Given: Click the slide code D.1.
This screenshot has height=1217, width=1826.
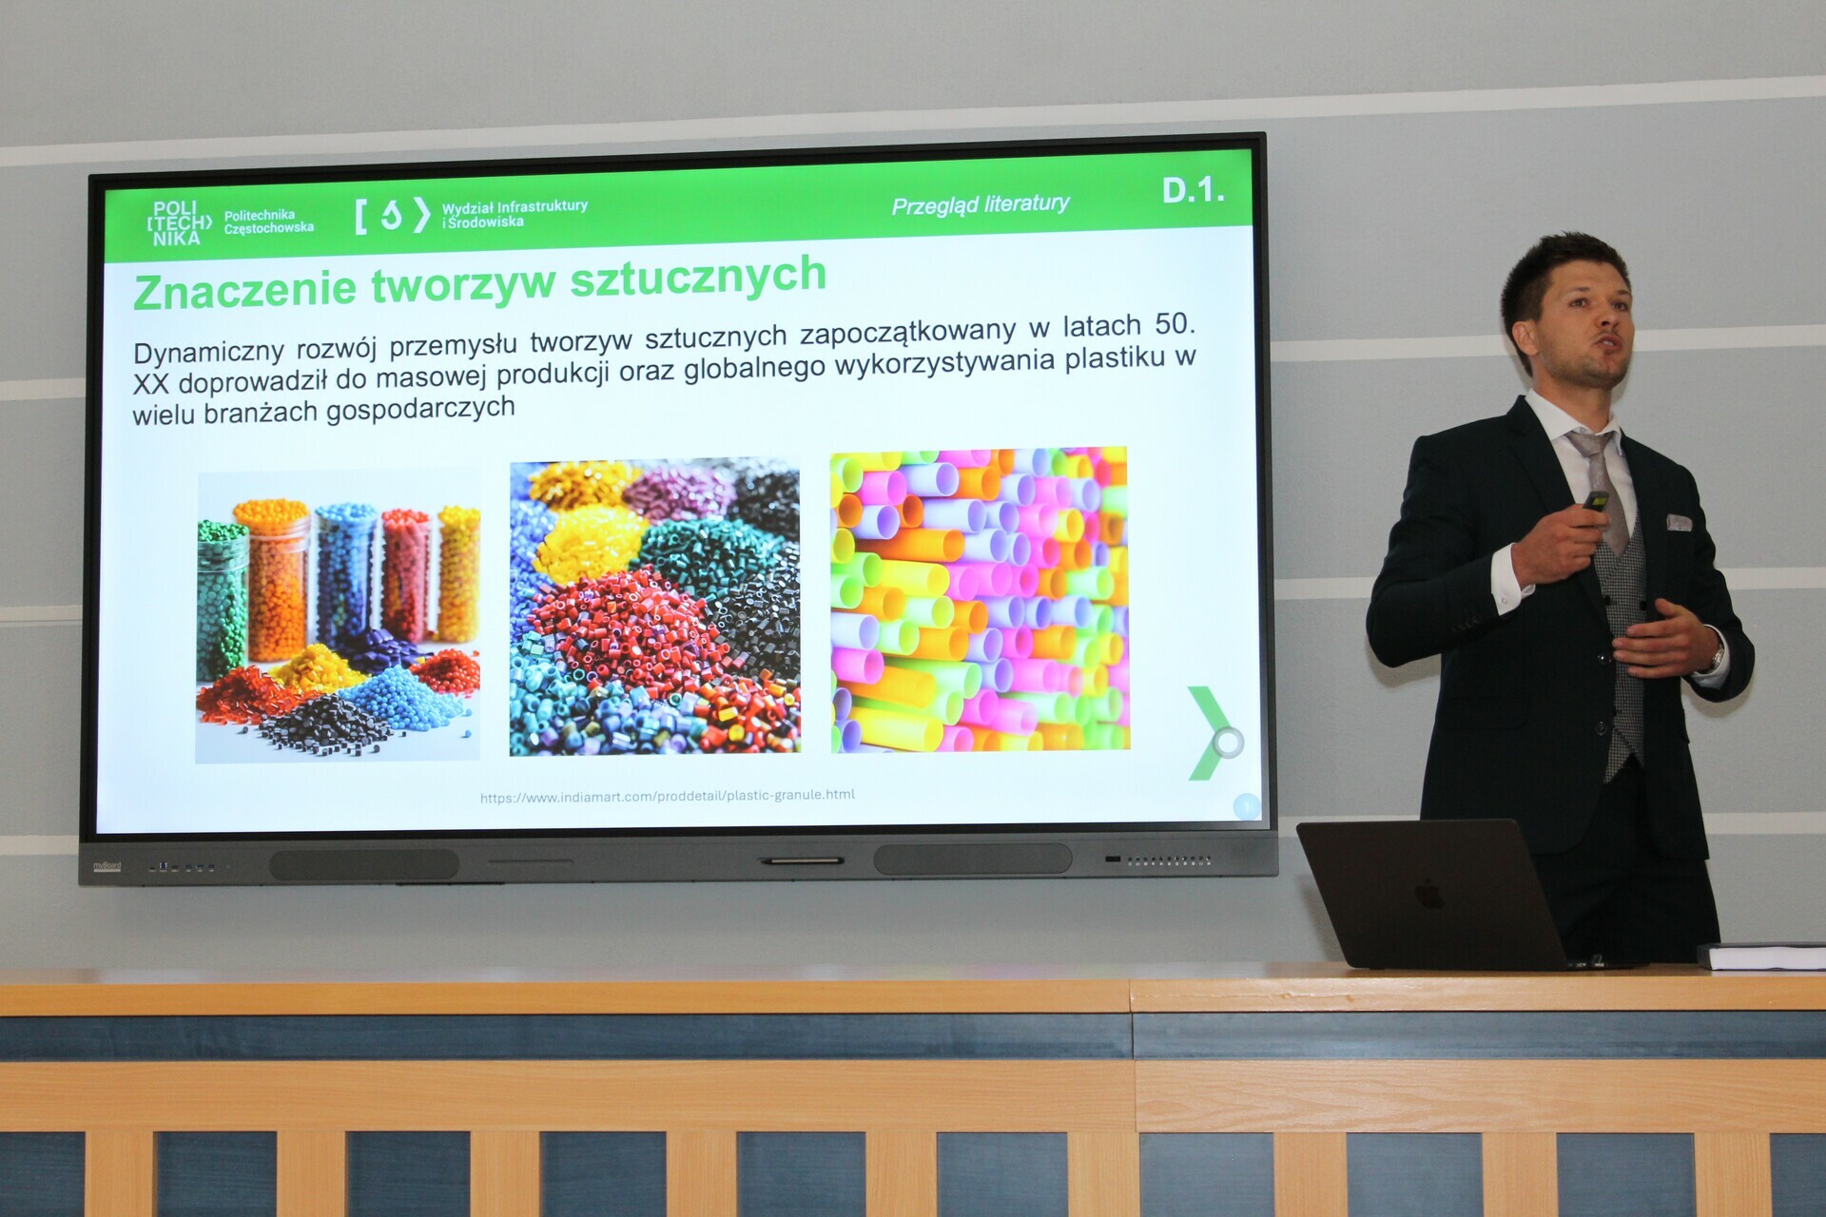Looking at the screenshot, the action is (1193, 190).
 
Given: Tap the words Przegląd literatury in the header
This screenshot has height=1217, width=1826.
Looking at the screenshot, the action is (981, 204).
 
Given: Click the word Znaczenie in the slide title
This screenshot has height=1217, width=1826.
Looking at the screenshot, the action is (245, 289).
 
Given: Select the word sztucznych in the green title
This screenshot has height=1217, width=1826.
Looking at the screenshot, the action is (698, 277).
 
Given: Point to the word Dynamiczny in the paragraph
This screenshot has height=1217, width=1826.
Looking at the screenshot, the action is (208, 352).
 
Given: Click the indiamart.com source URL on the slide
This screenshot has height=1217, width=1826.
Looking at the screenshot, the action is (668, 796).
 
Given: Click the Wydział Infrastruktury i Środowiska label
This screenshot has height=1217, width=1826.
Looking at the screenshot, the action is (515, 214).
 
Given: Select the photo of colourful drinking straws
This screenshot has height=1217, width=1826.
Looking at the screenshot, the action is (981, 600).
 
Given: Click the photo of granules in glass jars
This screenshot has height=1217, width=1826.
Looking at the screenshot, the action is (338, 617).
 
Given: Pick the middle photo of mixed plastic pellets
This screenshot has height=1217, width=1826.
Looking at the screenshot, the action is (654, 608).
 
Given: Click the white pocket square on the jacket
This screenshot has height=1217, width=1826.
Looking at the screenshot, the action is (1679, 522).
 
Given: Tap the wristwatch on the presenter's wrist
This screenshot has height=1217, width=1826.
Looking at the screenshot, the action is (1718, 655).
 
